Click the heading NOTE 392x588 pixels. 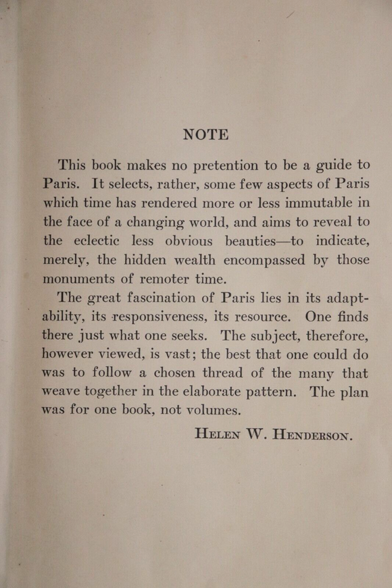point(205,134)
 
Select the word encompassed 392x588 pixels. point(257,259)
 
